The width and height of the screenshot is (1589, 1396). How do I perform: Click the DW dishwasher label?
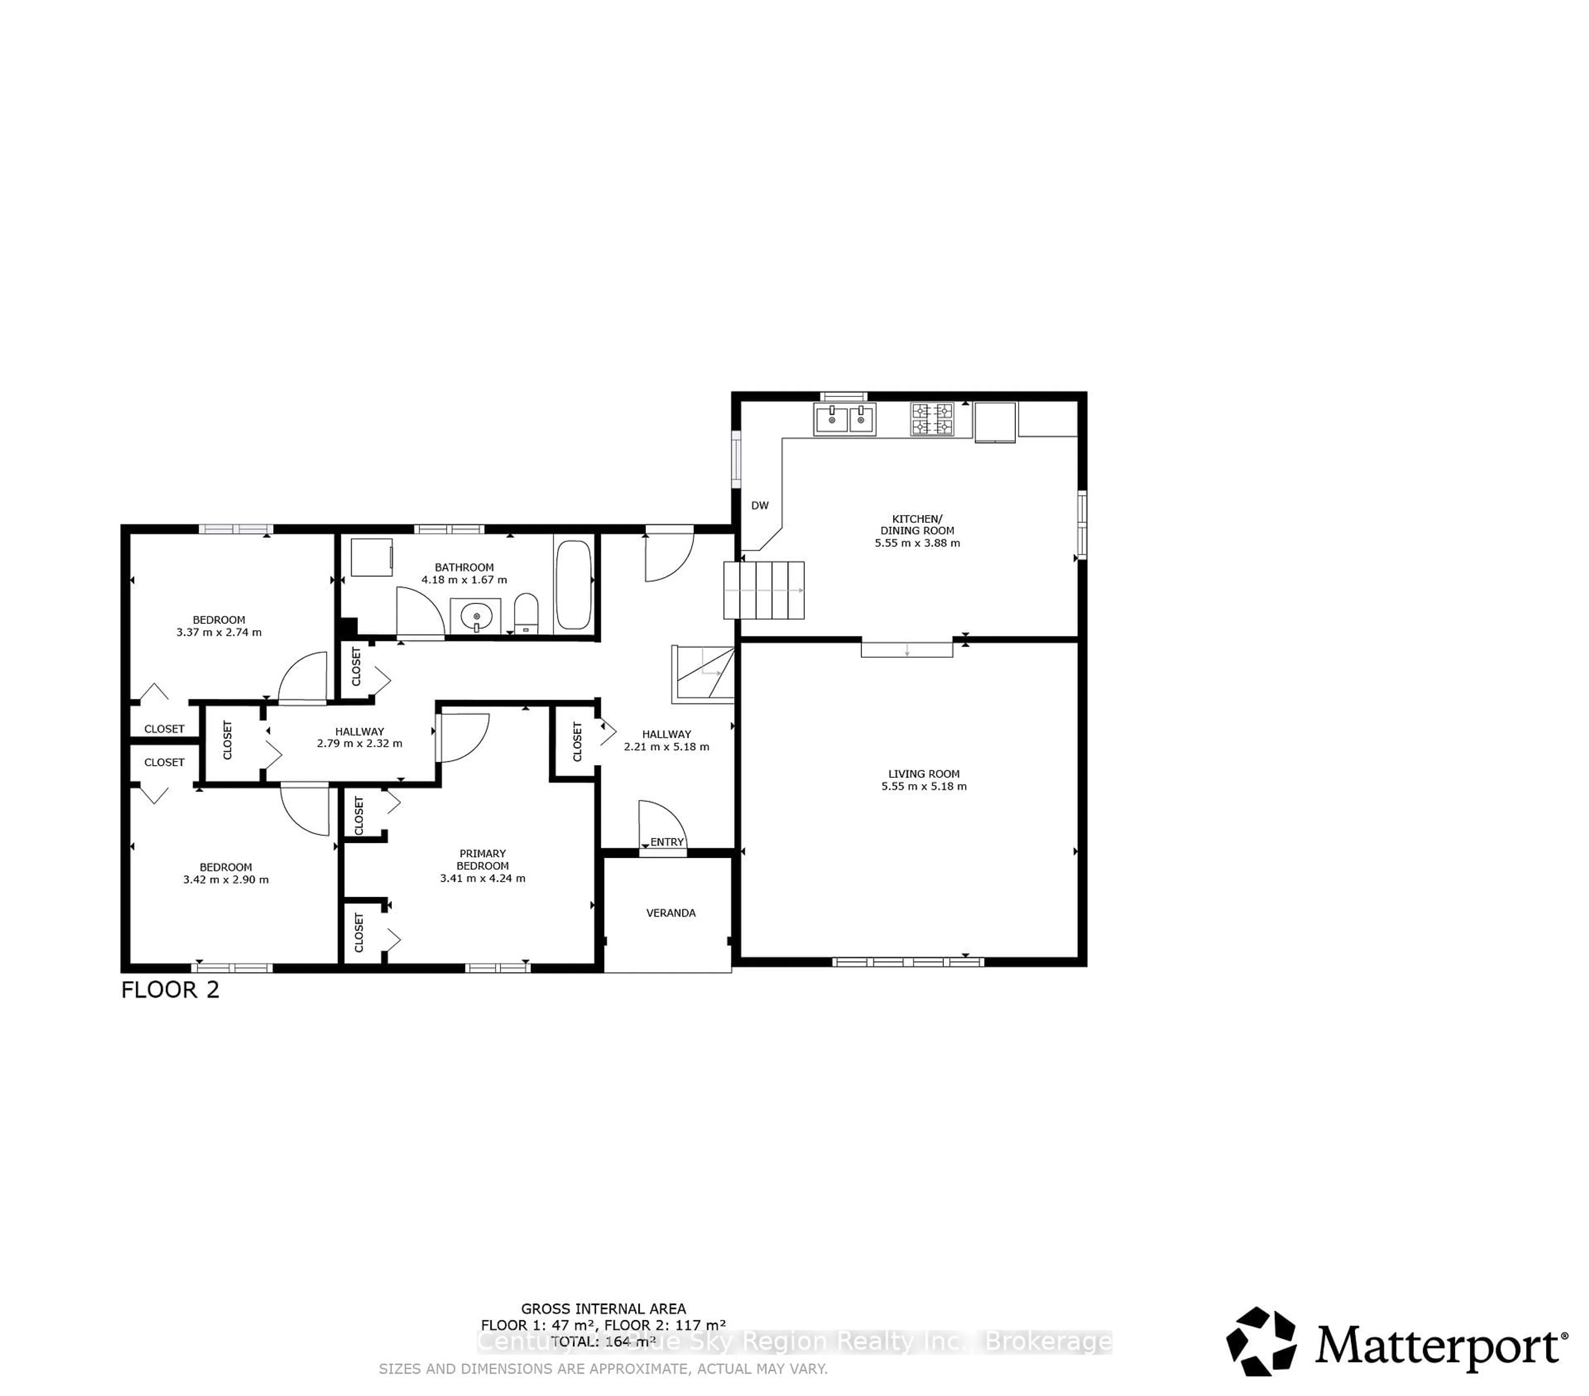pos(759,505)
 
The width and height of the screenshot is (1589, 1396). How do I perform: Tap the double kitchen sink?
pos(844,419)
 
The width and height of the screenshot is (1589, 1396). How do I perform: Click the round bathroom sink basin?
pos(476,618)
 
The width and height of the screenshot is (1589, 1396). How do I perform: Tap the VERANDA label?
pos(670,913)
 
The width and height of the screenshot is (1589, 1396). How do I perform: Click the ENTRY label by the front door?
pos(667,842)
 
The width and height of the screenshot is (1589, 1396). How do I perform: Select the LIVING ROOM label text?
pos(924,774)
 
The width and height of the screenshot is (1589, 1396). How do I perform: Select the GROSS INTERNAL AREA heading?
pos(603,1309)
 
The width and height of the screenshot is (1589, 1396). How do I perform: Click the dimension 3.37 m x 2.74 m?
pos(219,632)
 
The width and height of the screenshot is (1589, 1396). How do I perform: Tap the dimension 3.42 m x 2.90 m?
pos(226,880)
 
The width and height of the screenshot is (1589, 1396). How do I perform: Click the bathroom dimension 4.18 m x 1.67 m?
pos(464,580)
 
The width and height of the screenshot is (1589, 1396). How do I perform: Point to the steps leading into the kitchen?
pos(763,590)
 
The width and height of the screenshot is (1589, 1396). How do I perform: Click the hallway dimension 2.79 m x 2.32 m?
pos(360,744)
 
